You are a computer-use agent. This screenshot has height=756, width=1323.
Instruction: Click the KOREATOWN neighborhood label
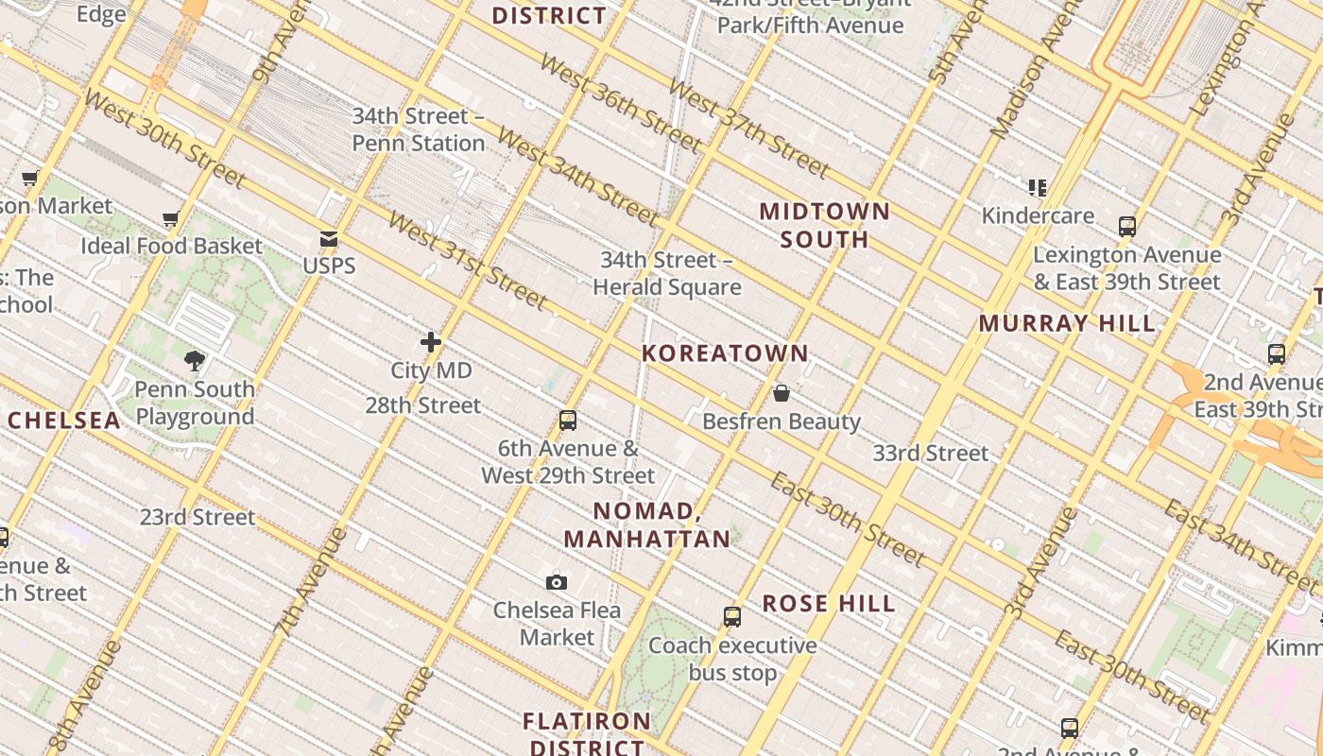[725, 353]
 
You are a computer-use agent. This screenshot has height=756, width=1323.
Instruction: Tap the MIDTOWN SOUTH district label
[825, 225]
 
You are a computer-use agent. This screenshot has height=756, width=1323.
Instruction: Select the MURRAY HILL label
[1067, 323]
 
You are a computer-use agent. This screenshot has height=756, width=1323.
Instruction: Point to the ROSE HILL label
[829, 603]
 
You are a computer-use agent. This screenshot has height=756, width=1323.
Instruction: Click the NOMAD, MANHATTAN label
[647, 525]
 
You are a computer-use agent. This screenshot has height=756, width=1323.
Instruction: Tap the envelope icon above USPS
[329, 239]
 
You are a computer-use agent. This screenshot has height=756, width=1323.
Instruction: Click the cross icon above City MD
[431, 342]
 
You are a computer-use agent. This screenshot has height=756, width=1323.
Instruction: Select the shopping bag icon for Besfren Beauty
[782, 393]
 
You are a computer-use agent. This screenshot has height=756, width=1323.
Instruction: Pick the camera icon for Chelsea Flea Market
[557, 582]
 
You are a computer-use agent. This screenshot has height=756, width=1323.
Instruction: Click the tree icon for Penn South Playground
[195, 360]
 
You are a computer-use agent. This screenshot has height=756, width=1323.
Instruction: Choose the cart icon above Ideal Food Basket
[171, 219]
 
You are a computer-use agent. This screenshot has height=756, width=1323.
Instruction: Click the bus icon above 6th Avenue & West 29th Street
[568, 421]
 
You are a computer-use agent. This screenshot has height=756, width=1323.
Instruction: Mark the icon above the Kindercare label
[1038, 188]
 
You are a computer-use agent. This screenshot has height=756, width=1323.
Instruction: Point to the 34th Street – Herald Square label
[667, 273]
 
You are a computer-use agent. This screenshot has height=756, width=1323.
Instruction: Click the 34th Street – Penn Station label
[419, 129]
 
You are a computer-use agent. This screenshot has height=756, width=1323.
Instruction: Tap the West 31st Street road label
[468, 261]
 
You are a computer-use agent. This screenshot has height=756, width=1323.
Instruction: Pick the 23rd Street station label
[198, 517]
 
